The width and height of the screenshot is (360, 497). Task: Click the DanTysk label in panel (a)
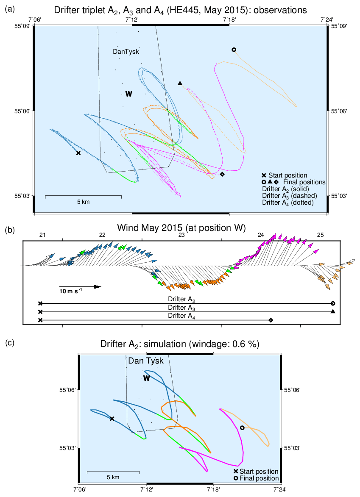pyautogui.click(x=126, y=52)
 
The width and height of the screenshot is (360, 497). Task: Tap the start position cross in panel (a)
pyautogui.click(x=78, y=153)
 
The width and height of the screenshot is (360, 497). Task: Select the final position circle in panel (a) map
pyautogui.click(x=234, y=50)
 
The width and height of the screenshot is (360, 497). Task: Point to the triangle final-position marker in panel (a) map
pyautogui.click(x=180, y=83)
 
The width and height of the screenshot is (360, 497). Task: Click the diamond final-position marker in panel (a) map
pyautogui.click(x=222, y=174)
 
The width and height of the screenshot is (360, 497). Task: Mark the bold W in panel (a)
pyautogui.click(x=129, y=94)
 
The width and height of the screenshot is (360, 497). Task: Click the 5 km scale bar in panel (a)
pyautogui.click(x=83, y=197)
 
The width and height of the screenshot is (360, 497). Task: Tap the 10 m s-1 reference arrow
pyautogui.click(x=80, y=287)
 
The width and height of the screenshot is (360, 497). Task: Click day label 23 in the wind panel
pyautogui.click(x=181, y=235)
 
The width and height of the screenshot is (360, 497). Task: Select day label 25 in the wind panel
pyautogui.click(x=321, y=235)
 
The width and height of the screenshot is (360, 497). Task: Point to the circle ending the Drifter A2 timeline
pyautogui.click(x=333, y=303)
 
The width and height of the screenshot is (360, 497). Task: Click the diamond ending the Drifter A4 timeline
pyautogui.click(x=271, y=320)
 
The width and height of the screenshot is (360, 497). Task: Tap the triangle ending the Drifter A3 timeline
pyautogui.click(x=333, y=311)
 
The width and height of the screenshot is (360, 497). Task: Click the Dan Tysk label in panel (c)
pyautogui.click(x=146, y=361)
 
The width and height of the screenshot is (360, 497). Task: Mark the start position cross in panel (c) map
pyautogui.click(x=112, y=419)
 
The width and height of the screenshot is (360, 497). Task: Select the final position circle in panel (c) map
pyautogui.click(x=242, y=428)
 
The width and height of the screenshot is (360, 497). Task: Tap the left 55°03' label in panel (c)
pyautogui.click(x=67, y=448)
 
